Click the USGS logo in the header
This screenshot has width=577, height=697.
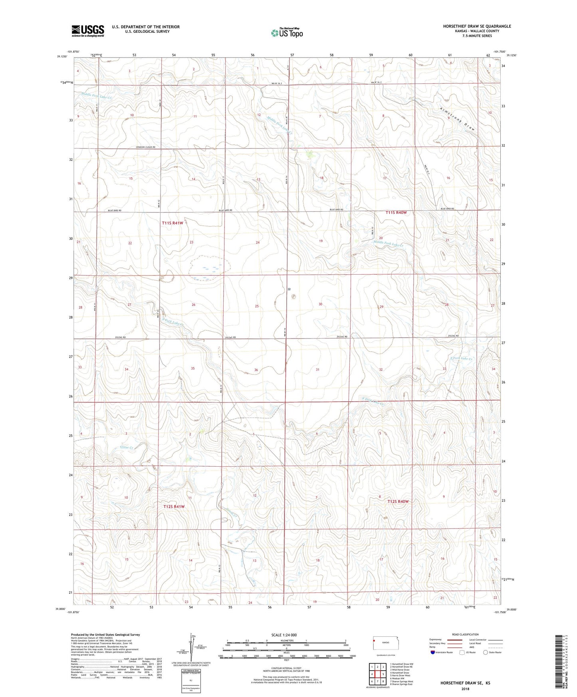point(88,31)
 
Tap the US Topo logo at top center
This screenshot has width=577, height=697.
point(287,32)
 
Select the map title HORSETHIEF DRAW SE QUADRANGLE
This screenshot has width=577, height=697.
point(477,26)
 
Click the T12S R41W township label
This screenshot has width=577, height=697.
point(174,507)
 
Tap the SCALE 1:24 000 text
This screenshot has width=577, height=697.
point(284,635)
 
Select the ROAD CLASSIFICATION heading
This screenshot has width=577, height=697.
point(465,634)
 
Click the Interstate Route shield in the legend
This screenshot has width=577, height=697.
point(433,653)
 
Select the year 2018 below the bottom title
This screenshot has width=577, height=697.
point(465,688)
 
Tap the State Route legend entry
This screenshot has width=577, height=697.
point(492,653)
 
